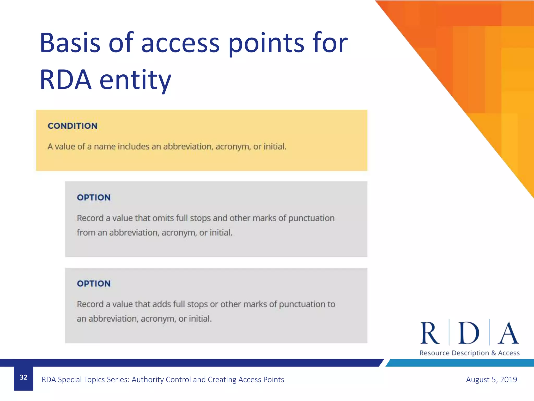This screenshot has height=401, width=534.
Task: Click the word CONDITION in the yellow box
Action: pos(72,126)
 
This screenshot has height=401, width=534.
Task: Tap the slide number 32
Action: pos(23,377)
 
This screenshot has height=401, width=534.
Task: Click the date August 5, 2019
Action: pos(491,379)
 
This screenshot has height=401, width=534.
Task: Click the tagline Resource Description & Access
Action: pos(469,353)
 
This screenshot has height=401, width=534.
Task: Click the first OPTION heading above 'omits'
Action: pos(94,197)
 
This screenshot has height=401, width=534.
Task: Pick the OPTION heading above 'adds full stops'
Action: pos(94,284)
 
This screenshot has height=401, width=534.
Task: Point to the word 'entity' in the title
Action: pos(135,80)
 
